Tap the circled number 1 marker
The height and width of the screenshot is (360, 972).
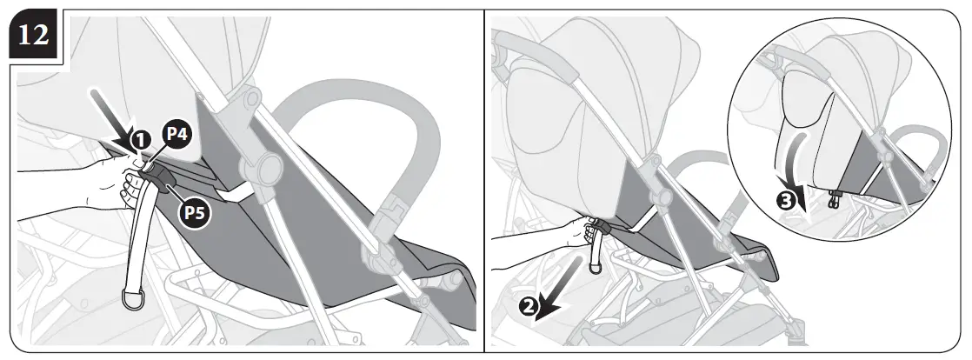coord(139,139)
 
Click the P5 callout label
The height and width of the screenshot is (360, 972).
coord(196,213)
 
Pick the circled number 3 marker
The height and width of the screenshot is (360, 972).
coord(786,201)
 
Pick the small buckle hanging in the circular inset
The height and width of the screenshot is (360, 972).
coord(835,199)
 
